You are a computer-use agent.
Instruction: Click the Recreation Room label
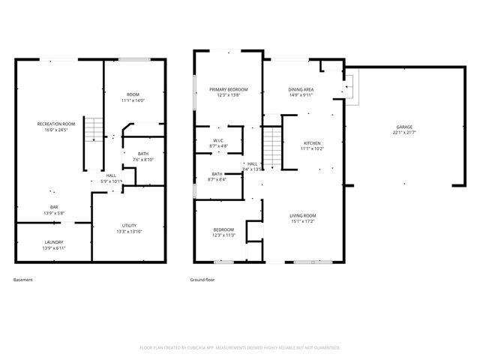coord(57,124)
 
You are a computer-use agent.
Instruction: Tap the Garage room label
coord(403,127)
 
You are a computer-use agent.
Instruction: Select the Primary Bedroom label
coord(228,89)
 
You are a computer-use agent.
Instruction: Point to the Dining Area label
coord(301,90)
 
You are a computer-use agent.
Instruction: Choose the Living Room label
coord(303,216)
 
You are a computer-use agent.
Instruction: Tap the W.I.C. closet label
coord(218,140)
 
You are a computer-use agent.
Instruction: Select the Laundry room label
coord(53,241)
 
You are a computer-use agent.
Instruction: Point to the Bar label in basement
coord(53,207)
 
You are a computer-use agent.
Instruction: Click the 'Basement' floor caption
coord(23,280)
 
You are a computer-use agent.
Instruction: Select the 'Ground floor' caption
coord(202,280)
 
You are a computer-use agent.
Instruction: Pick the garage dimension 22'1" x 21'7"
coord(403,133)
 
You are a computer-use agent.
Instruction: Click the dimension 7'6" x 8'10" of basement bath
coord(143,160)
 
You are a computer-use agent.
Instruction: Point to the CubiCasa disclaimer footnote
coord(240,348)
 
